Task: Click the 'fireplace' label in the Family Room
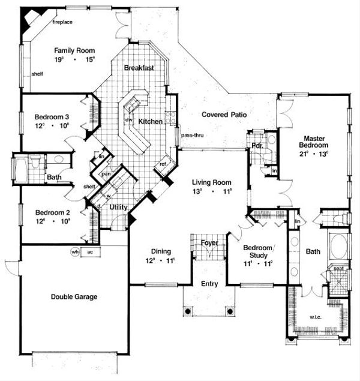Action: click(62, 22)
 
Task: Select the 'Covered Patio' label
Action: click(225, 114)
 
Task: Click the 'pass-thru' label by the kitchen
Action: click(193, 136)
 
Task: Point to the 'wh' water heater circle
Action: click(76, 251)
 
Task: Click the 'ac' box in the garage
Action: click(90, 251)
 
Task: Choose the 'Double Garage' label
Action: click(74, 296)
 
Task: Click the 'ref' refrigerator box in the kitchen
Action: click(163, 164)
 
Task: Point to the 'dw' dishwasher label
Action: click(128, 119)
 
